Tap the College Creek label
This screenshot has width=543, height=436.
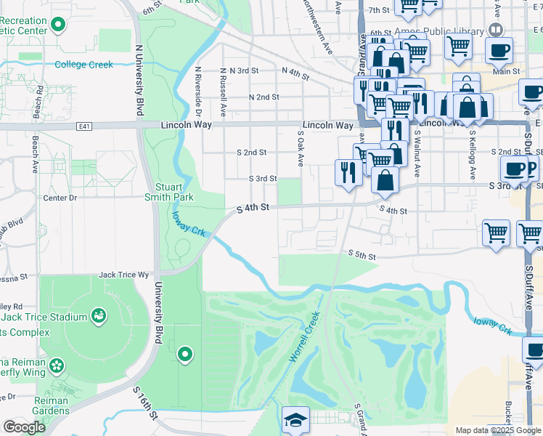coord(84,65)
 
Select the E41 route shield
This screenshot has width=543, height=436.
coord(84,126)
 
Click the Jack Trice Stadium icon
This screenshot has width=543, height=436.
coord(97,316)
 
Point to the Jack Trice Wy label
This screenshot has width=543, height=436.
coord(123,275)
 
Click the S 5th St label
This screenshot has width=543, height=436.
coord(362,255)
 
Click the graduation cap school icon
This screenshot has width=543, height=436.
coord(295,421)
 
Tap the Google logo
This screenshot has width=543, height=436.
coord(24,428)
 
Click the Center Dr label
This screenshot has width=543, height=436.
coord(60,198)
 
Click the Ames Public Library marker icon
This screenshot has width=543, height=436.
coord(495,30)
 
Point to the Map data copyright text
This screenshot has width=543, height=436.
coord(499,430)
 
